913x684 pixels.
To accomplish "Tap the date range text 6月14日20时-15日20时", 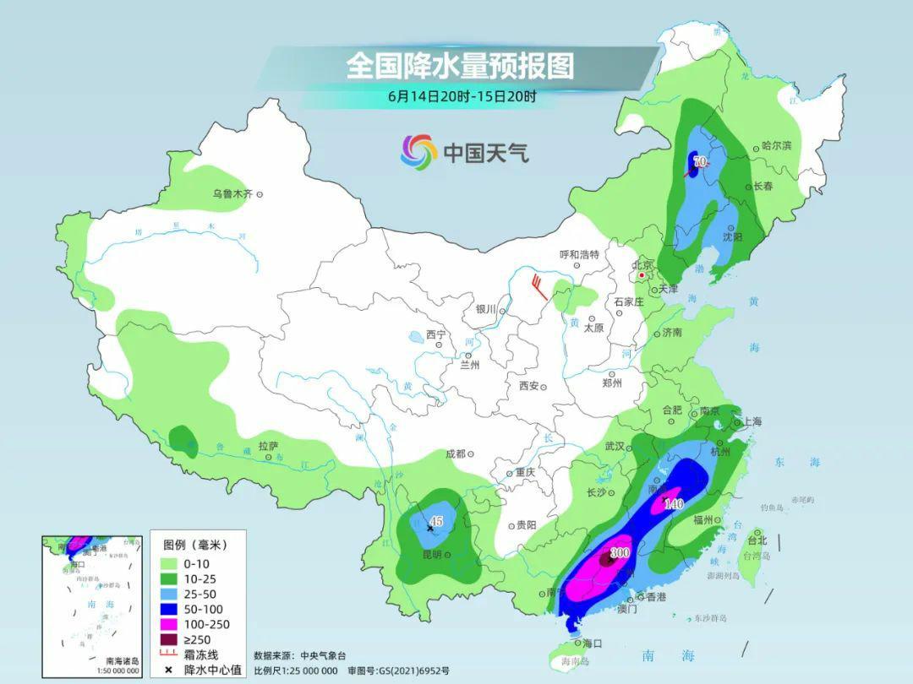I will pos(462,96).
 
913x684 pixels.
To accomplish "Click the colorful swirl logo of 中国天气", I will pos(418,152).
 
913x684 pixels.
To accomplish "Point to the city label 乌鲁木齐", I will pos(232,194).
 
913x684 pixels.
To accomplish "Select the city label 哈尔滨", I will pos(776,145).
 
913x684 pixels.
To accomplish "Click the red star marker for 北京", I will pos(642,275).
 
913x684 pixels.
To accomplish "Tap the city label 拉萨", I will pos(268,445).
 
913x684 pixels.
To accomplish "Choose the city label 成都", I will pos(455,453).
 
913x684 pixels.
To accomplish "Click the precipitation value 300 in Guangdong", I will pos(620,553).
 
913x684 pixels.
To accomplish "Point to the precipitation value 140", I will pos(673,504).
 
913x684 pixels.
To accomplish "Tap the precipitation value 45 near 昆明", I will pos(435,521).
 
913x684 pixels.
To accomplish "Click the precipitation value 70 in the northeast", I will pos(699,160).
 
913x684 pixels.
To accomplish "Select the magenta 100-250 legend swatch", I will pos(167,624).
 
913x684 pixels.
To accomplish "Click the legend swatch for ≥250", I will pos(167,639).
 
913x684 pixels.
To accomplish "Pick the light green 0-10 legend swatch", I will pos(167,563).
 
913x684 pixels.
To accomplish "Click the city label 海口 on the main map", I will pos(592,643).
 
